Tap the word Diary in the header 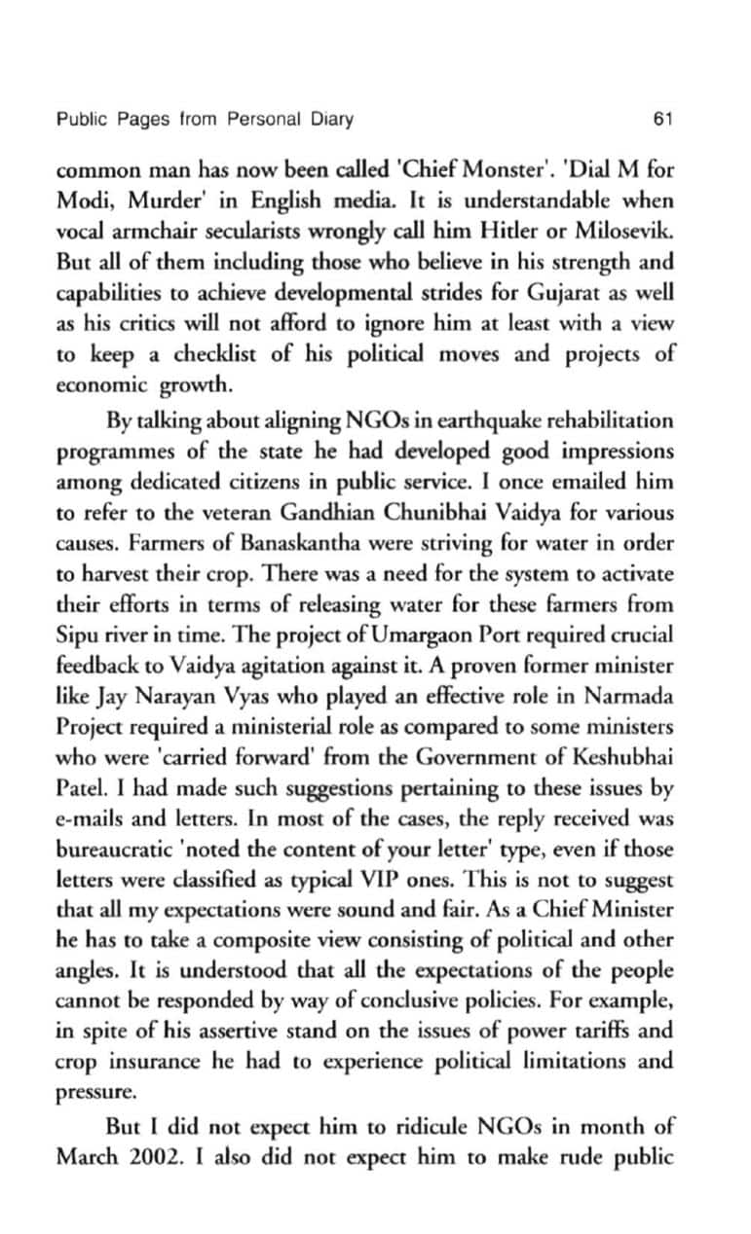pos(331,121)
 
